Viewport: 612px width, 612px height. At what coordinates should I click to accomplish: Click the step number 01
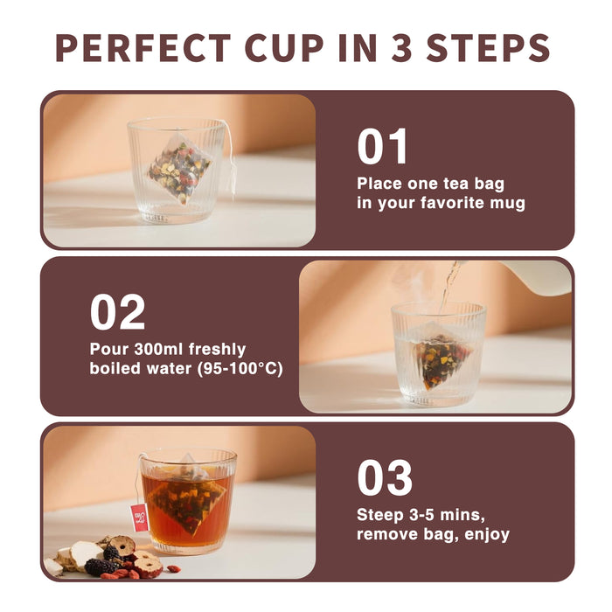(382, 147)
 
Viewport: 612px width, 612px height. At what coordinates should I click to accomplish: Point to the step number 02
(117, 313)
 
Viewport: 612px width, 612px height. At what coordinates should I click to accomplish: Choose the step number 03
(384, 478)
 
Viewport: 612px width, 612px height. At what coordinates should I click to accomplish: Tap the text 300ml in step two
(154, 349)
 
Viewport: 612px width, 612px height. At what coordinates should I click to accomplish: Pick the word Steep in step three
(380, 513)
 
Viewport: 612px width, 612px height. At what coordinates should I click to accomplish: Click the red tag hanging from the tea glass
(139, 517)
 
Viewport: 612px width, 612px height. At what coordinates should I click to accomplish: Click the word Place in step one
(380, 184)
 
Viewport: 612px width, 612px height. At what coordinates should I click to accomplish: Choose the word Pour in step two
(108, 349)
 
